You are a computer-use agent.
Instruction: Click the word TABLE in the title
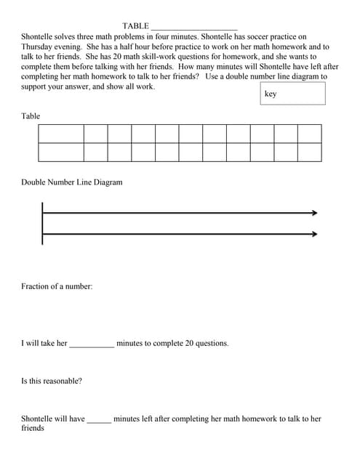coord(135,26)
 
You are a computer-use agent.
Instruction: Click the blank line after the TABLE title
coord(194,27)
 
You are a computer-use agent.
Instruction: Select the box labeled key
coord(292,94)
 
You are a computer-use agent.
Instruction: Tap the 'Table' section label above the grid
coord(31,116)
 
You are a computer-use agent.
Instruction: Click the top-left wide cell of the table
coord(61,134)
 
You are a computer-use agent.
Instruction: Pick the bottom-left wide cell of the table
coord(61,152)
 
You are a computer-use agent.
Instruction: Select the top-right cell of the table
coord(309,134)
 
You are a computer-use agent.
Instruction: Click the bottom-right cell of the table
coord(309,152)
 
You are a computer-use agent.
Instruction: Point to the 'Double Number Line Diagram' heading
coord(72,182)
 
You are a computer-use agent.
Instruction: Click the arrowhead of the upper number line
coord(314,213)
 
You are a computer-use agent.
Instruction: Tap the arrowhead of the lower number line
coord(314,234)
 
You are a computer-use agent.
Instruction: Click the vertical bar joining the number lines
coord(43,224)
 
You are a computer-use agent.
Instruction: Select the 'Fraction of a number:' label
coord(57,286)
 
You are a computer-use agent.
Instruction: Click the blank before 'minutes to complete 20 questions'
coord(92,344)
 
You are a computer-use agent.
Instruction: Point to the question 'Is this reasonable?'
coord(51,381)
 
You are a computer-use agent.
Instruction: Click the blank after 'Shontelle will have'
coord(99,419)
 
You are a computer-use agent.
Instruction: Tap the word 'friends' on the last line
coord(33,428)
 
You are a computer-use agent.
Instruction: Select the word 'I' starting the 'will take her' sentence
coord(23,343)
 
